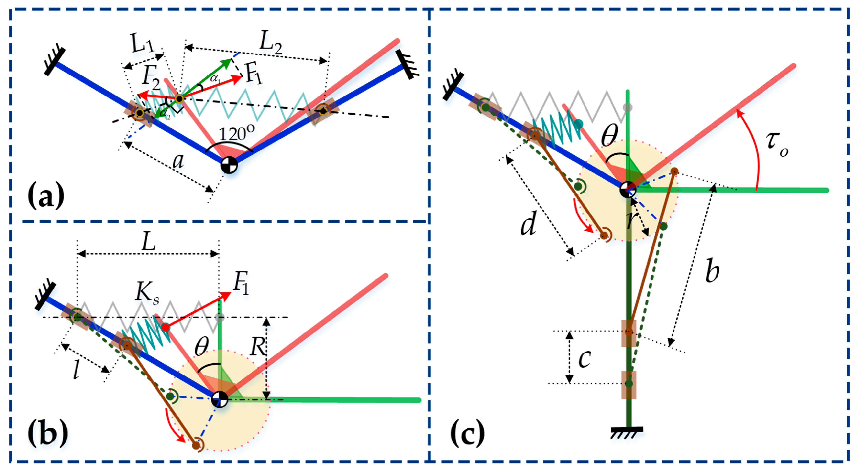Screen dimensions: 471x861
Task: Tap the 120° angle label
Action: tap(237, 134)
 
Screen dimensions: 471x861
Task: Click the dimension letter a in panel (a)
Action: tap(178, 161)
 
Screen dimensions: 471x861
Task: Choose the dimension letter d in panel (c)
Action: tap(529, 223)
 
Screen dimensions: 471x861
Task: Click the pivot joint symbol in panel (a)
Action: tap(229, 165)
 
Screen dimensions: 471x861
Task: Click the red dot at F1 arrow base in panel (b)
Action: tap(166, 327)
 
